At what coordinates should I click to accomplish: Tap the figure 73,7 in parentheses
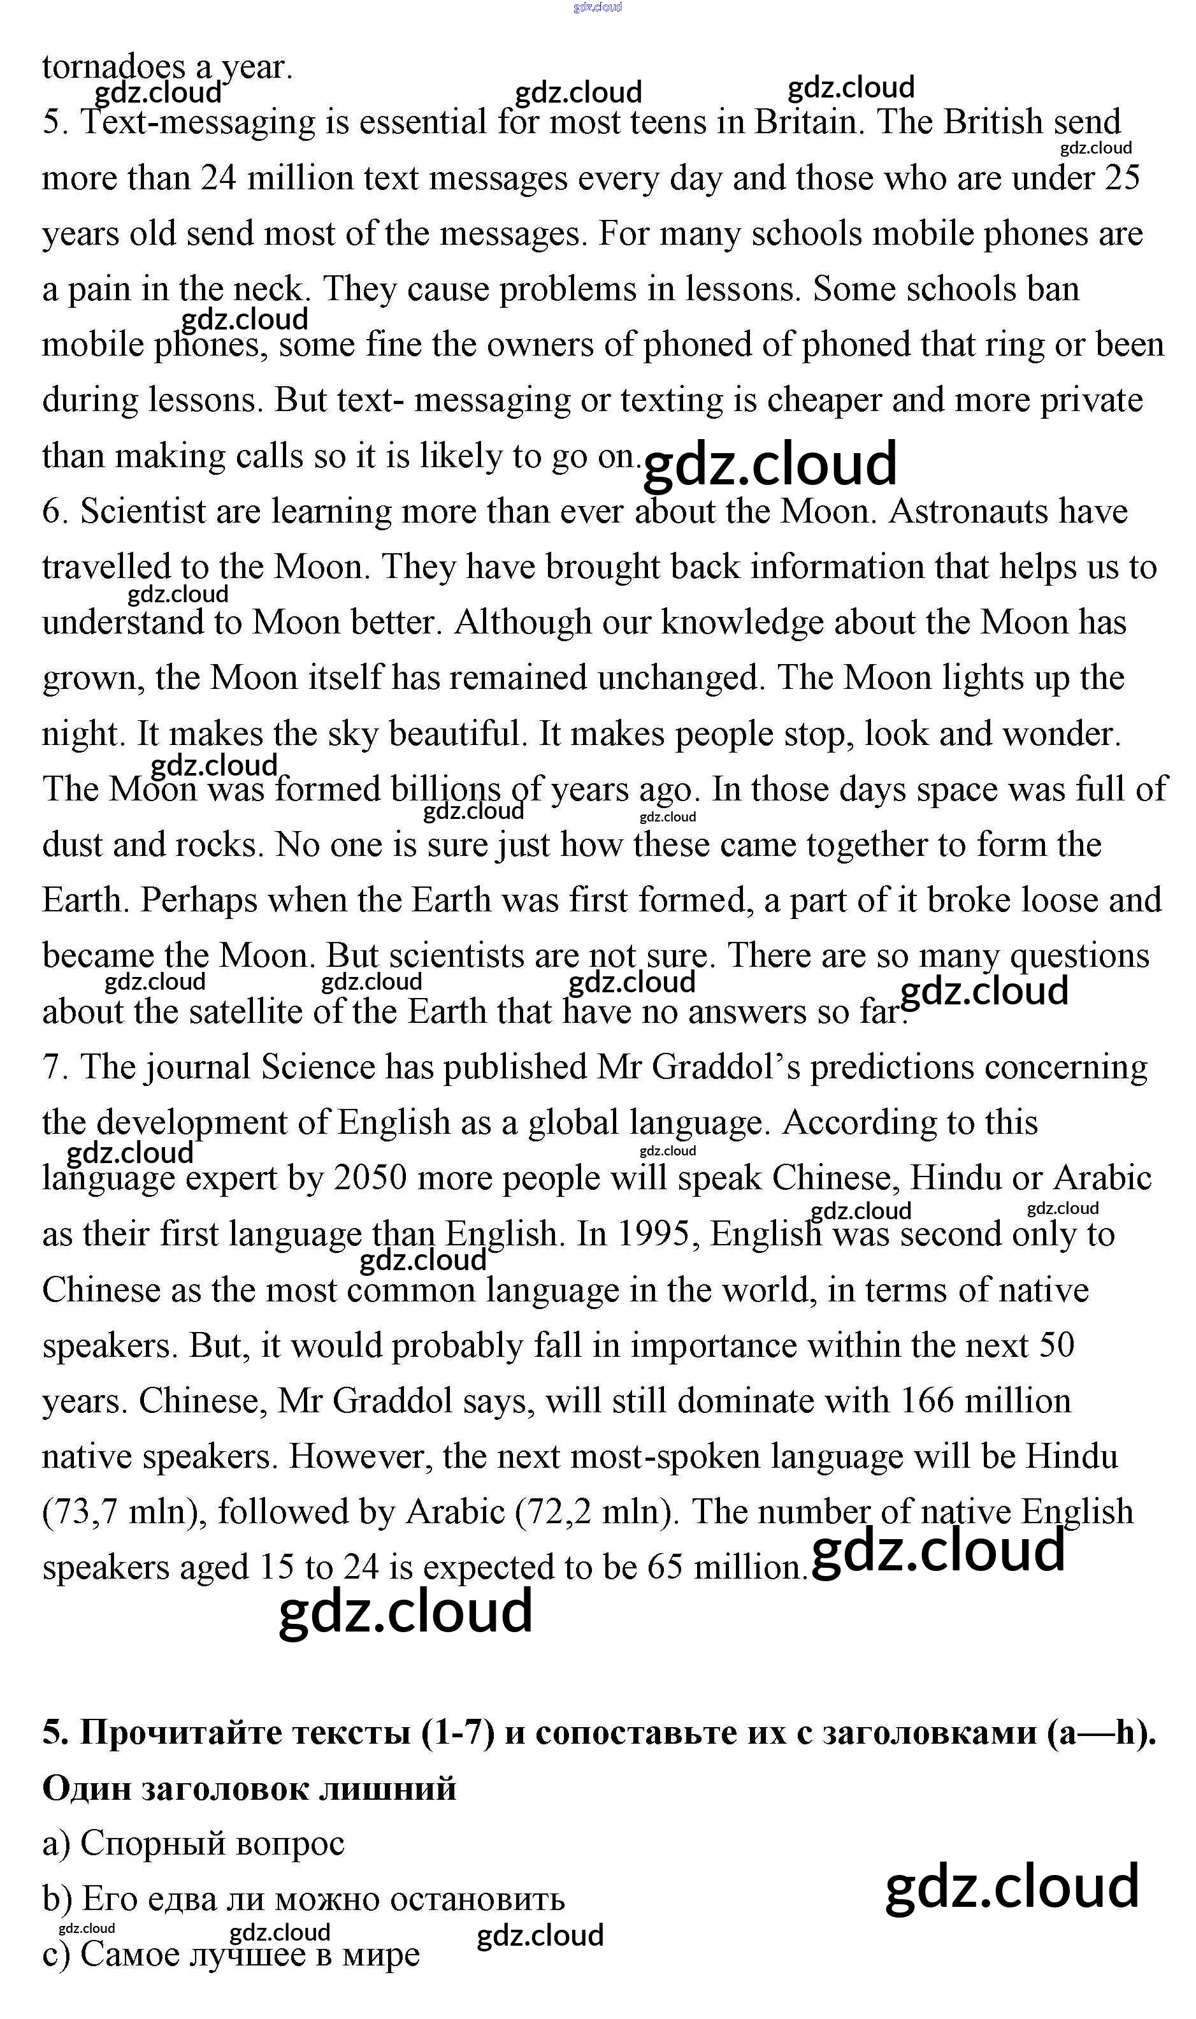point(88,1513)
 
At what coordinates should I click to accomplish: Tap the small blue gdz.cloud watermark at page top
point(597,7)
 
